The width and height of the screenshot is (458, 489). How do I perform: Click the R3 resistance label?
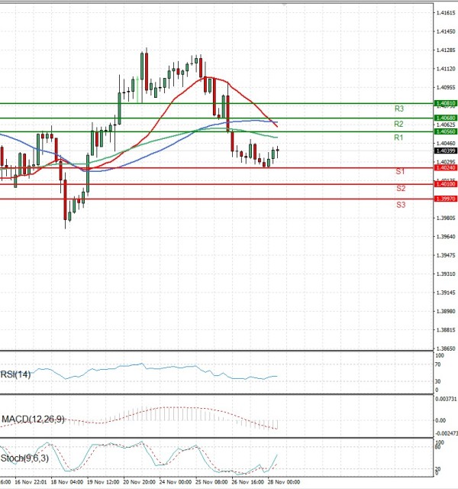398,109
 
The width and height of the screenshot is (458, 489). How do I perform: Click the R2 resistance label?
398,124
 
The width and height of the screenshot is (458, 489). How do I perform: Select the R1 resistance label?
398,138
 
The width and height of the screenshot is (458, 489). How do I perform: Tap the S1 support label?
400,172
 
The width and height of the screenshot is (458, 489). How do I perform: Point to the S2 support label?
400,188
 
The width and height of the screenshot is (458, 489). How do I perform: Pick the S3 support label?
400,205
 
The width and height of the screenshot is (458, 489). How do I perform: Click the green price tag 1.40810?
445,103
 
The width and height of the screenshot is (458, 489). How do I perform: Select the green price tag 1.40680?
445,118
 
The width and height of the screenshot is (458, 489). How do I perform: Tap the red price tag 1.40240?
445,168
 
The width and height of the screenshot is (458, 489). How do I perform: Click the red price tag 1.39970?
445,199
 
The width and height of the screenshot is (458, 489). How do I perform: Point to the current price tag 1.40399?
445,151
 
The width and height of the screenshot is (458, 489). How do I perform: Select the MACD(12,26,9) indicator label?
33,419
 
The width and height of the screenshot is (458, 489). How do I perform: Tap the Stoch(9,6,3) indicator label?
22,459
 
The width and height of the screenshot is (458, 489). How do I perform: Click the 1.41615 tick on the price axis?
445,13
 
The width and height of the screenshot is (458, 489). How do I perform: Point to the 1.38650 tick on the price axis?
445,348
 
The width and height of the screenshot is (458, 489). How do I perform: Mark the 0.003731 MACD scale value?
445,399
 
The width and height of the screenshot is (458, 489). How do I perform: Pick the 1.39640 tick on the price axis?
445,237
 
